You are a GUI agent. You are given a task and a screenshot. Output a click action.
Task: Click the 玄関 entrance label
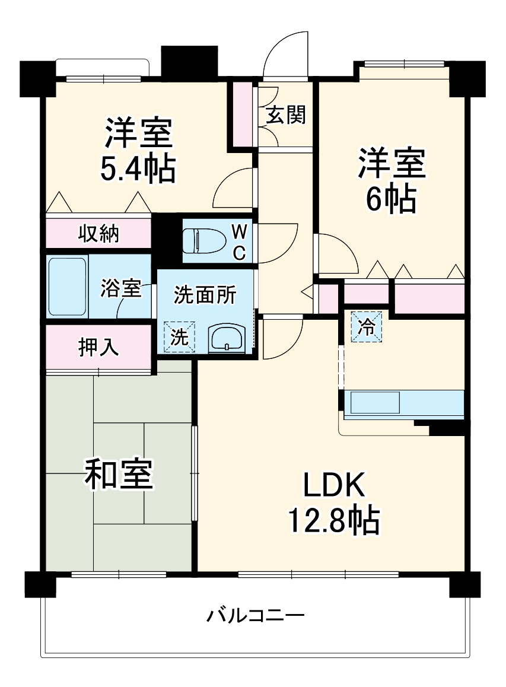pyautogui.click(x=285, y=115)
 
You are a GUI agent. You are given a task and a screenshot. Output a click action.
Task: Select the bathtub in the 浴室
pyautogui.click(x=68, y=286)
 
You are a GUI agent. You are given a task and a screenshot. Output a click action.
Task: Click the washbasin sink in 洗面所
pyautogui.click(x=226, y=339)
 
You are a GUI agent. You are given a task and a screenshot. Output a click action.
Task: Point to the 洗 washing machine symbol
pyautogui.click(x=179, y=336)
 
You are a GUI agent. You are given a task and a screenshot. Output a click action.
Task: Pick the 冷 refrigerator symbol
pyautogui.click(x=367, y=327)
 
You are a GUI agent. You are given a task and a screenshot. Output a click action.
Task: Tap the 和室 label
pyautogui.click(x=119, y=475)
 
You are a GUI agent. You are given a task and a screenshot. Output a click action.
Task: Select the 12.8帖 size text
pyautogui.click(x=334, y=520)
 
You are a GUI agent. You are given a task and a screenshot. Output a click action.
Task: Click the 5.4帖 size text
pyautogui.click(x=137, y=170)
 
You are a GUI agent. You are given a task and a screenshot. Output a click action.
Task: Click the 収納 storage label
pyautogui.click(x=99, y=234)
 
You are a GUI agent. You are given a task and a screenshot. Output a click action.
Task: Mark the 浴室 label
pyautogui.click(x=121, y=289)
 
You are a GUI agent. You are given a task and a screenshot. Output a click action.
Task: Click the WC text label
pyautogui.click(x=238, y=241)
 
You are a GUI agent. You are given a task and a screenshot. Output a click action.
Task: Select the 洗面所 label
pyautogui.click(x=205, y=295)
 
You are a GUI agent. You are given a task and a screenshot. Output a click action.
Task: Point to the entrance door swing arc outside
pyautogui.click(x=285, y=50)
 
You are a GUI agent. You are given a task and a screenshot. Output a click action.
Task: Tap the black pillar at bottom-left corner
pyautogui.click(x=40, y=584)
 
